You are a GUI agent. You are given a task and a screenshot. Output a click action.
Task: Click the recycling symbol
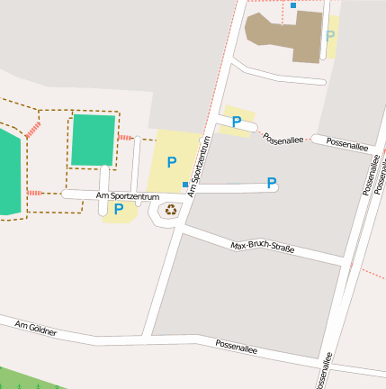pos(171,210)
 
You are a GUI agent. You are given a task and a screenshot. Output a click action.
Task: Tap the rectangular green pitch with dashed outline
pos(93,140)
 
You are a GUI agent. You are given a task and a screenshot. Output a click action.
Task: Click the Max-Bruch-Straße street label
pos(263,247)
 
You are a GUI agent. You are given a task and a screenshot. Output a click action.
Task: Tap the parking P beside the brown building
pos(330,36)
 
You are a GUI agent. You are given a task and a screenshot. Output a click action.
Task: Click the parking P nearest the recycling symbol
pos(119,210)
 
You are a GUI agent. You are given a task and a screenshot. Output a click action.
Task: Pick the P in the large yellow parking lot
pos(172,162)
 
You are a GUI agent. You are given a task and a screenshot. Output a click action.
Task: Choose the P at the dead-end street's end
pos(271,184)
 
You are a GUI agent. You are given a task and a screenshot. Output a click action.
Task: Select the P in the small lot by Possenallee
pos(237,122)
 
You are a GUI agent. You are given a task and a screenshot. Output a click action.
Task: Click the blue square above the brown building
pos(293,5)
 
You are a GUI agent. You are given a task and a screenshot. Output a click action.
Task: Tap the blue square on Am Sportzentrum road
pos(186,185)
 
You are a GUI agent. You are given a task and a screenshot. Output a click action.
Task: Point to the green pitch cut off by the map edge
pos(7,172)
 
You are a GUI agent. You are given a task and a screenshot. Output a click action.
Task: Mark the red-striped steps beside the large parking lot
pos(125,138)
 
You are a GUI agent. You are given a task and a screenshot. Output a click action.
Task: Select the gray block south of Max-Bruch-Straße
pos(243,297)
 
